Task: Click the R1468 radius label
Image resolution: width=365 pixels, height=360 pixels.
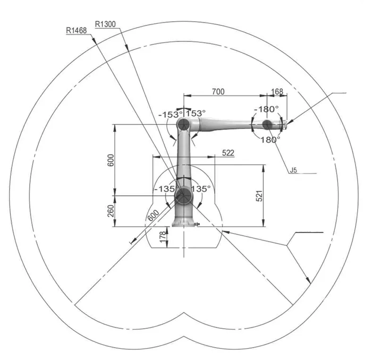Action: (x=76, y=31)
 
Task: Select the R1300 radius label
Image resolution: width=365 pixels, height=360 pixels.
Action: (x=105, y=24)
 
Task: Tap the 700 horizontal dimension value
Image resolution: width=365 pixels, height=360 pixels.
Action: (x=218, y=92)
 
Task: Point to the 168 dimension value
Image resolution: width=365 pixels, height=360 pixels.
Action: (x=277, y=92)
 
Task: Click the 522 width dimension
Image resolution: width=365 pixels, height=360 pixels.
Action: (x=228, y=153)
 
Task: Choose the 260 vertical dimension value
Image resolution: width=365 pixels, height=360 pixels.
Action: (x=111, y=211)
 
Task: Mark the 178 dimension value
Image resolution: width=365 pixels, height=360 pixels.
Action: (x=163, y=236)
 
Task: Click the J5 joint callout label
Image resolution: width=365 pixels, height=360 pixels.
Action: (x=294, y=170)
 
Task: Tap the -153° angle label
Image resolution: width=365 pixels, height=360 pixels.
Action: (x=170, y=114)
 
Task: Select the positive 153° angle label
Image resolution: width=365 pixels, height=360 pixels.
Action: (x=196, y=113)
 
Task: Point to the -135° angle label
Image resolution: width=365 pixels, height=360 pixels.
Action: (x=164, y=189)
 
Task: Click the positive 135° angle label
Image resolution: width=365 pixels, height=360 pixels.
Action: (x=201, y=189)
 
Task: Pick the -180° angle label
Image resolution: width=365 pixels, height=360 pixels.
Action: (x=266, y=109)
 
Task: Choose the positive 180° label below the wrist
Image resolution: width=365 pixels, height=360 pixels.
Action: (x=270, y=140)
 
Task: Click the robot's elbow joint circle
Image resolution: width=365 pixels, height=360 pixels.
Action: (x=184, y=125)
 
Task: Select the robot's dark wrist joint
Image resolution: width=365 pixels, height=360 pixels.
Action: (x=267, y=124)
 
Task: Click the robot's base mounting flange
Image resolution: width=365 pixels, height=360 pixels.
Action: (x=184, y=224)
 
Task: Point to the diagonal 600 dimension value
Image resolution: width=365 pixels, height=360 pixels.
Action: (x=153, y=215)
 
